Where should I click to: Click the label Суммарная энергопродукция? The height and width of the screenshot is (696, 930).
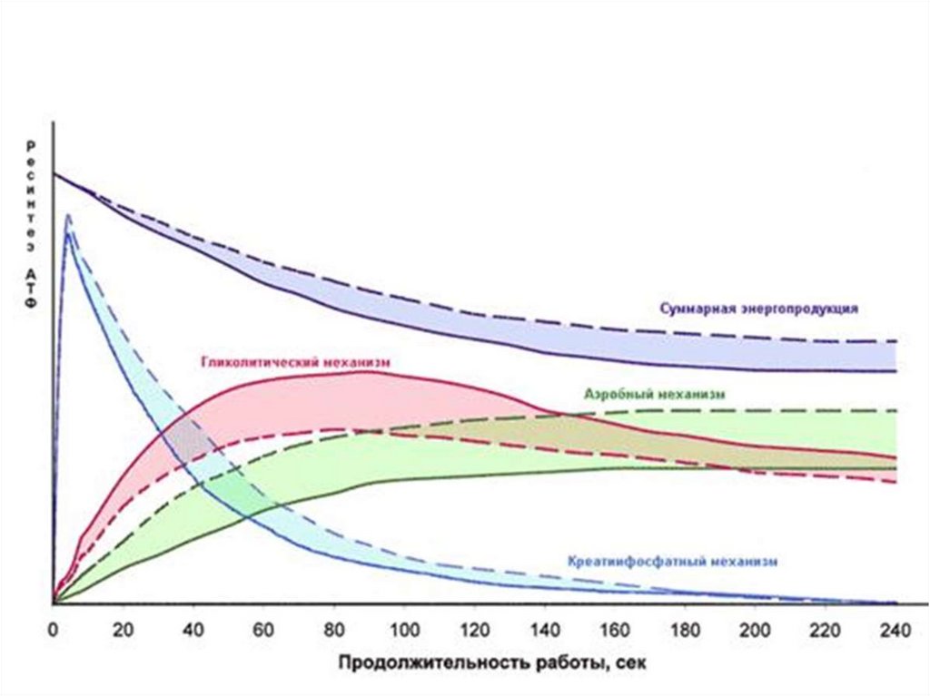(x=757, y=308)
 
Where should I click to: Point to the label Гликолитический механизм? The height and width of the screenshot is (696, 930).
(x=294, y=361)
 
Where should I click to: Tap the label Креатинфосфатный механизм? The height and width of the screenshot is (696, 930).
(x=673, y=561)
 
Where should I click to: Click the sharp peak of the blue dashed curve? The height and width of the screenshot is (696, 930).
(x=67, y=215)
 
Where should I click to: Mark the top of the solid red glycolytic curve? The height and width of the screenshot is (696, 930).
(x=363, y=371)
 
